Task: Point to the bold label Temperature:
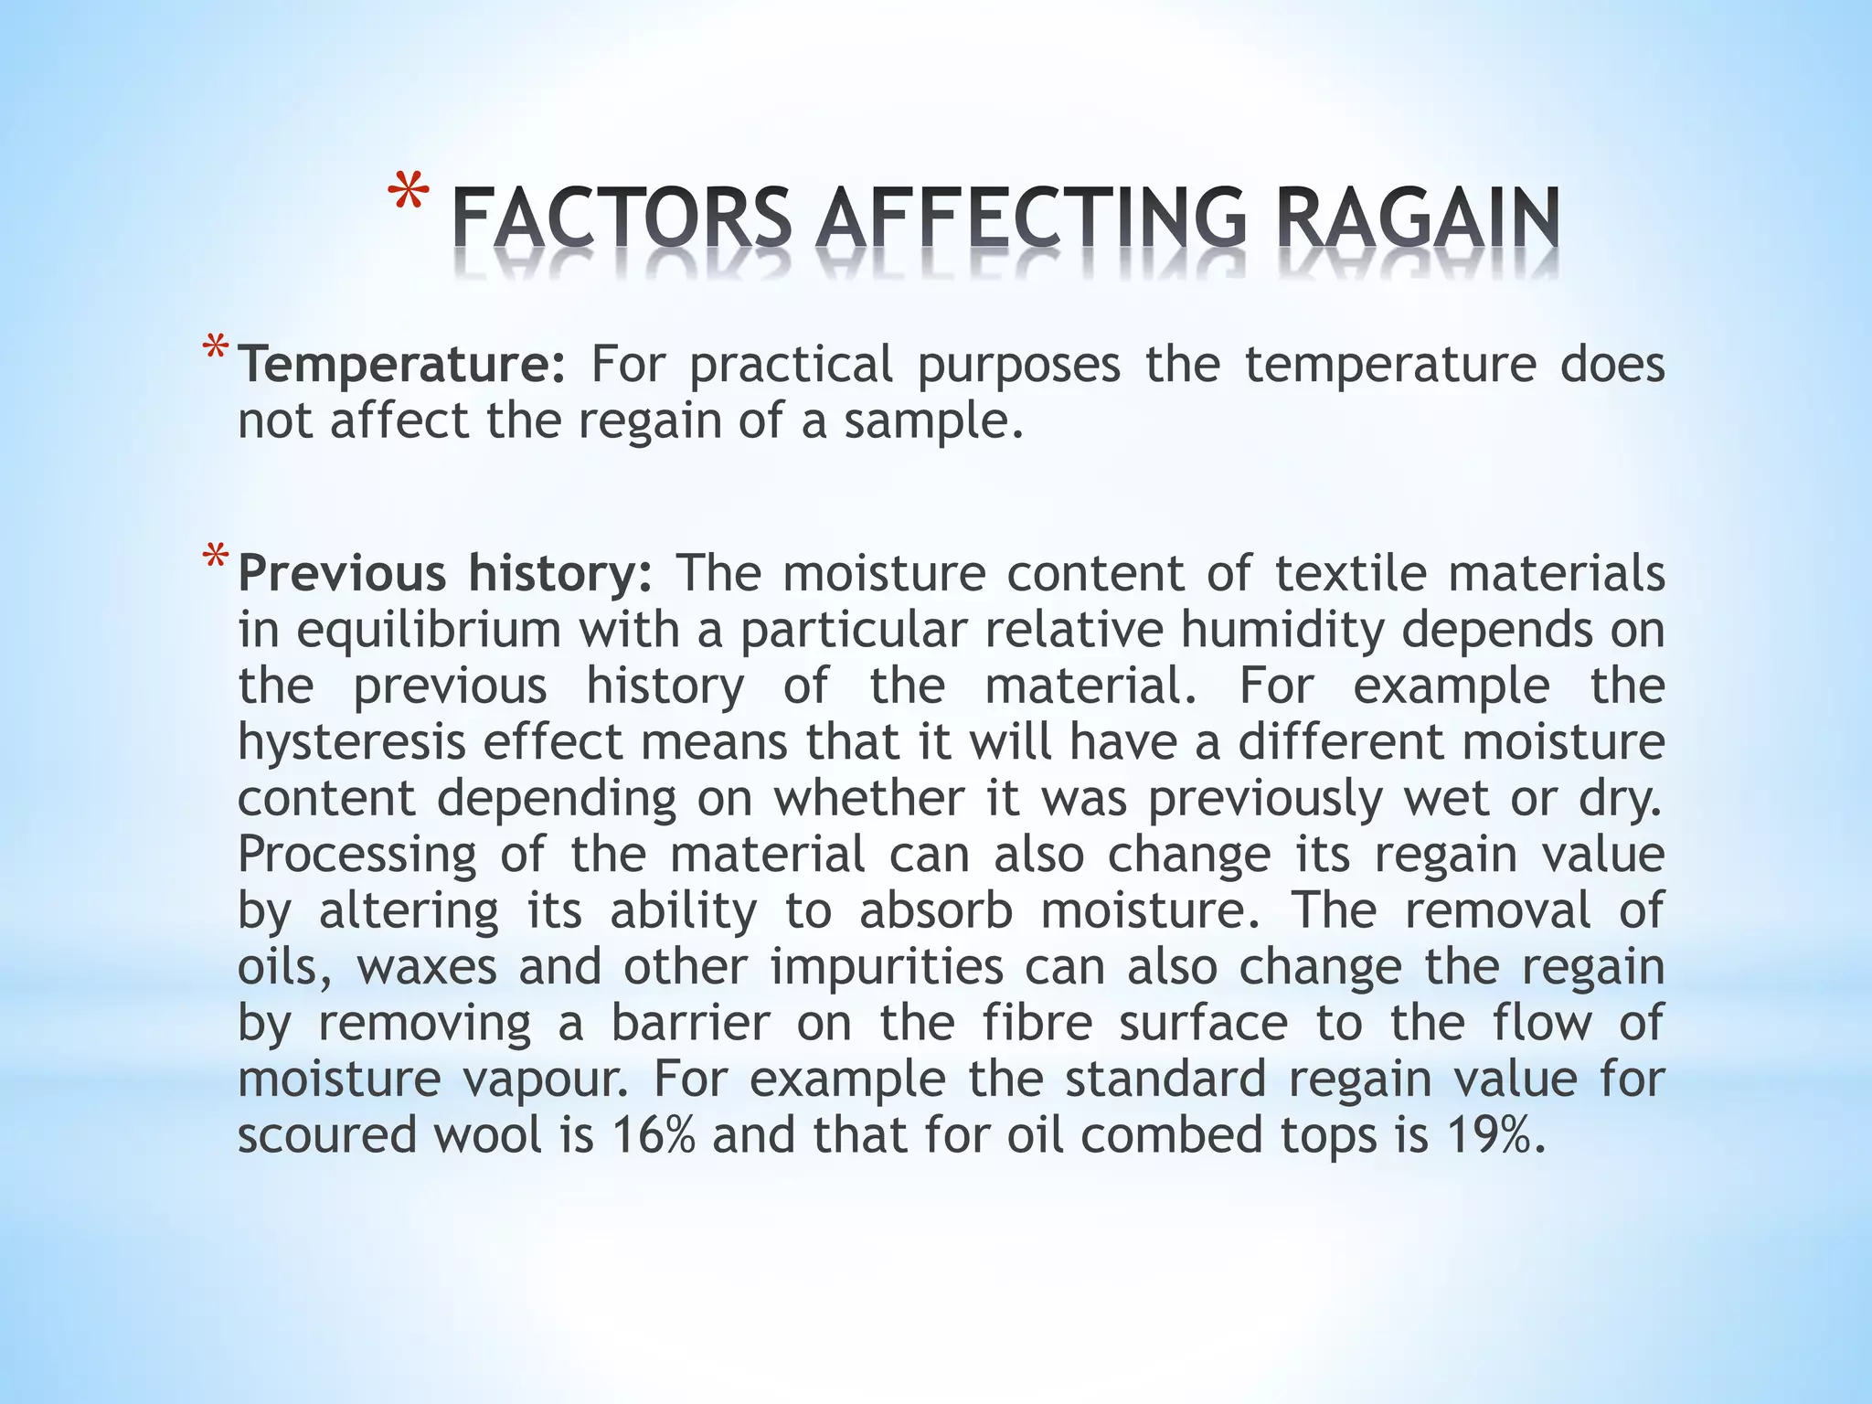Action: pos(402,365)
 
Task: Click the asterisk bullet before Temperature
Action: pos(216,349)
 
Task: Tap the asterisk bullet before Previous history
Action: pos(216,558)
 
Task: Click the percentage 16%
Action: pos(653,1135)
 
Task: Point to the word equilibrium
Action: pos(428,630)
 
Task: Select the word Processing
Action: pos(356,855)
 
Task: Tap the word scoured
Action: pos(324,1135)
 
